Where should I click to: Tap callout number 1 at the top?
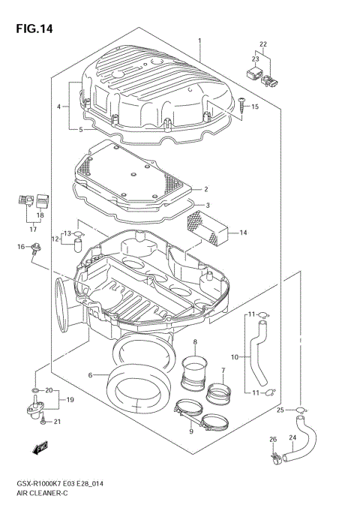click(x=199, y=40)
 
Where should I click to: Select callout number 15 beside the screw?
click(x=255, y=107)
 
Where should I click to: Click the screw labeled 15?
click(x=243, y=104)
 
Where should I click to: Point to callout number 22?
click(x=263, y=44)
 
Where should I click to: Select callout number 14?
click(x=243, y=233)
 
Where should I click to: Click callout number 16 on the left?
click(x=22, y=247)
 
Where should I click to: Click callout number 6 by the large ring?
click(x=89, y=374)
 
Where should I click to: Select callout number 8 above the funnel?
click(x=194, y=343)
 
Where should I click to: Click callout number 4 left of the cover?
click(x=58, y=107)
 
